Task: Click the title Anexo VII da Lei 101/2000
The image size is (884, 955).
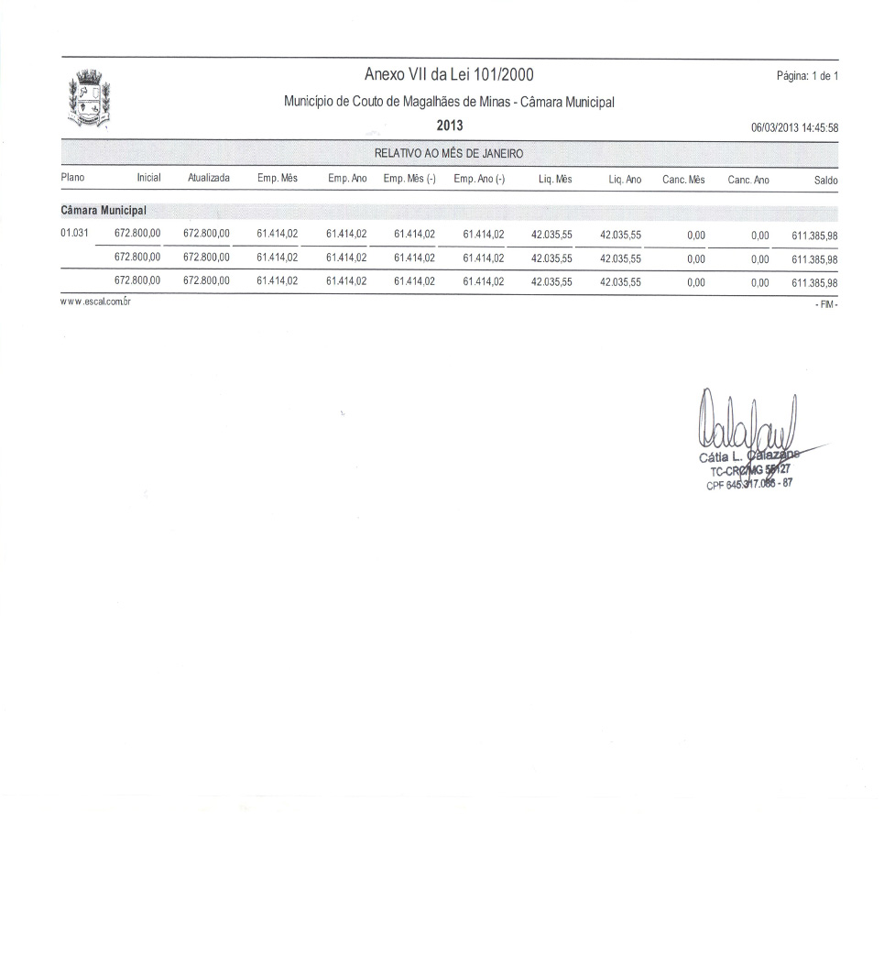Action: tap(449, 75)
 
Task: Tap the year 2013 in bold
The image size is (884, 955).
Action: tap(450, 126)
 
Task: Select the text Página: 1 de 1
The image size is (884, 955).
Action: tap(807, 76)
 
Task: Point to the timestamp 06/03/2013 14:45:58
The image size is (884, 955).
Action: tap(794, 127)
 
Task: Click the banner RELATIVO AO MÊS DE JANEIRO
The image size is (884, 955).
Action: tap(449, 153)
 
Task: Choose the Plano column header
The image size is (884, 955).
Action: tap(72, 180)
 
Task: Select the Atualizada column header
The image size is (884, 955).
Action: tap(208, 180)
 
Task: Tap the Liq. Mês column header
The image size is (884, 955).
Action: tap(555, 180)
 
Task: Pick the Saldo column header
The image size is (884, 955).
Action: tap(825, 181)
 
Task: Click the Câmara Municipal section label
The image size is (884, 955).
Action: tap(104, 211)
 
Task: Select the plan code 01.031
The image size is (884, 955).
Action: tap(74, 234)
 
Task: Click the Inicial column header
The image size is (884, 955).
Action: tap(148, 180)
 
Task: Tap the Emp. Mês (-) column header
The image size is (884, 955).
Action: tap(409, 180)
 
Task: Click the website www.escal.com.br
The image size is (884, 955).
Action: tap(94, 302)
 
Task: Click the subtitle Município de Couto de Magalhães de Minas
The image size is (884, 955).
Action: tap(449, 102)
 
